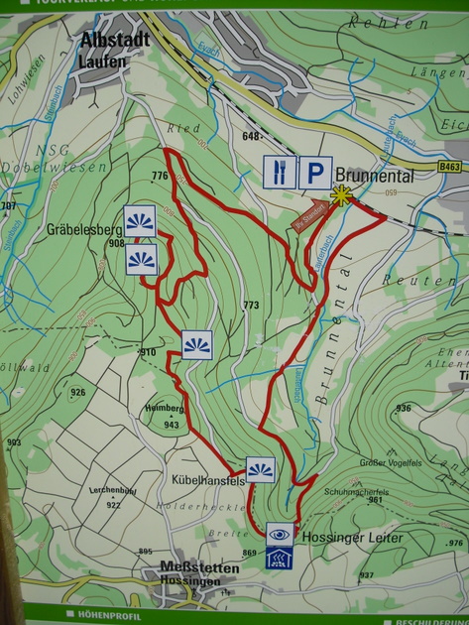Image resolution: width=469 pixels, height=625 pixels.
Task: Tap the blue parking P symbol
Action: click(x=314, y=173)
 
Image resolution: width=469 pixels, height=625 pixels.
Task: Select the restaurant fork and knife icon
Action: click(x=279, y=173)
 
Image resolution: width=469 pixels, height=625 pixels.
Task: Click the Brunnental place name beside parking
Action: click(x=379, y=172)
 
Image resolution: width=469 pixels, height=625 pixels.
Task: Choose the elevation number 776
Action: click(x=160, y=176)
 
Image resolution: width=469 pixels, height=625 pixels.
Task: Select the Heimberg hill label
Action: click(x=165, y=408)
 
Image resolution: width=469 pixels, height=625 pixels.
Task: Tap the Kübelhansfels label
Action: click(x=208, y=480)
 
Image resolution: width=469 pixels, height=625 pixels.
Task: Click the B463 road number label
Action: click(x=450, y=168)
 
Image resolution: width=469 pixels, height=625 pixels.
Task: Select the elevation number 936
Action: click(x=403, y=408)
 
